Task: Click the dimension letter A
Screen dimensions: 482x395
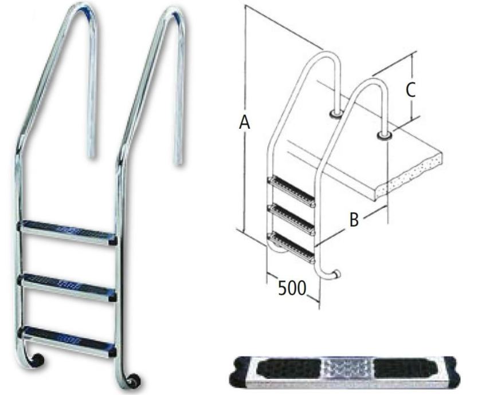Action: tap(244, 123)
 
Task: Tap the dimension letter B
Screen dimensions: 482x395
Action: tap(354, 220)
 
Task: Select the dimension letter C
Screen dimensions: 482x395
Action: tap(410, 90)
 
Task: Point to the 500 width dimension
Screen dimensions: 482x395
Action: tap(292, 288)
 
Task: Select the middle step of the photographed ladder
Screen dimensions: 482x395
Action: tap(68, 287)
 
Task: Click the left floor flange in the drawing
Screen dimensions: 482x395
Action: tap(335, 114)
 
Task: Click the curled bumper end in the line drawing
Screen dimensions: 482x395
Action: tap(336, 274)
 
